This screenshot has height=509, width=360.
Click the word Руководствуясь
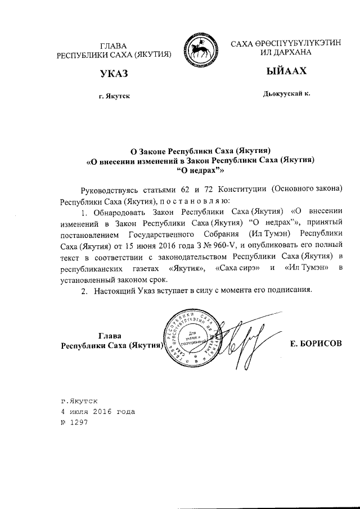pyautogui.click(x=110, y=189)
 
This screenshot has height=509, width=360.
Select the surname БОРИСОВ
pyautogui.click(x=316, y=343)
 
